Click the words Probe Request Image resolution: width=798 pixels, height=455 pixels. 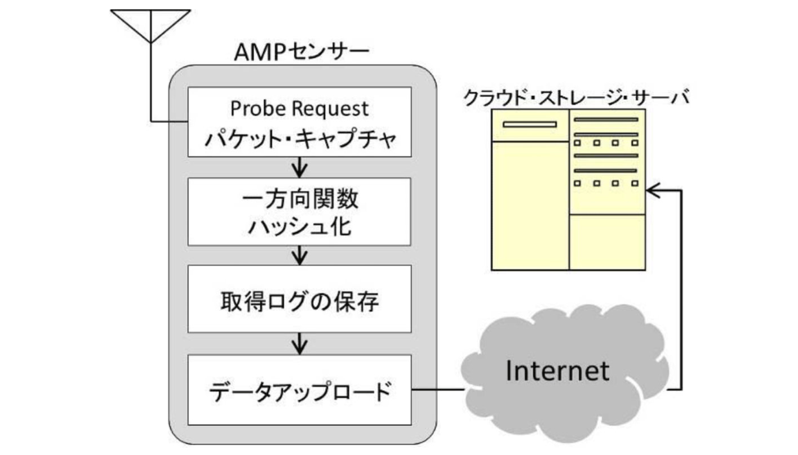(299, 108)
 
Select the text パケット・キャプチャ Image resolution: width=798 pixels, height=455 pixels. (299, 139)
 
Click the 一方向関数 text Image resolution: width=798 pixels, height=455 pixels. (299, 199)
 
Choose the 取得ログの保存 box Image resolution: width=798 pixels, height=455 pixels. (299, 299)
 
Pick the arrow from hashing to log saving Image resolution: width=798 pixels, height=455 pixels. (300, 255)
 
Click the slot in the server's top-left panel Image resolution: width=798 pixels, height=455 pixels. (529, 124)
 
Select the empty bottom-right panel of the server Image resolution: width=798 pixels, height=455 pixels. (607, 242)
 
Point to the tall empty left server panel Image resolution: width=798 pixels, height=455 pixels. (530, 206)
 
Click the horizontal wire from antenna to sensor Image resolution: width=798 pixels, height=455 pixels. (169, 121)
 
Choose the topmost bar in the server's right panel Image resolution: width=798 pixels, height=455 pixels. (606, 119)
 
